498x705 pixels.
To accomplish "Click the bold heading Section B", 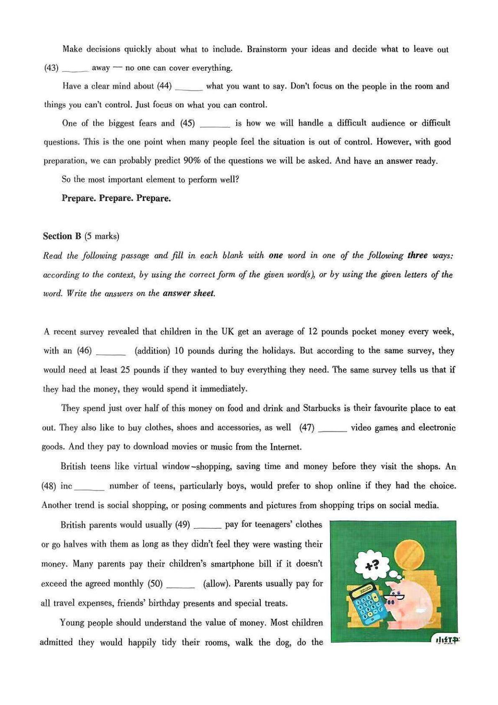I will pos(62,236).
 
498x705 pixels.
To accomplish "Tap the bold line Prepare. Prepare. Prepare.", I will pos(116,198).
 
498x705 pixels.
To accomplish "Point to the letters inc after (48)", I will pos(66,486).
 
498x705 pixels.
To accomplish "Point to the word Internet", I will pos(285,447).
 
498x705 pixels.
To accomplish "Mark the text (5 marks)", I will pos(102,236).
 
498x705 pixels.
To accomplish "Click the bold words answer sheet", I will pos(188,293).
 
